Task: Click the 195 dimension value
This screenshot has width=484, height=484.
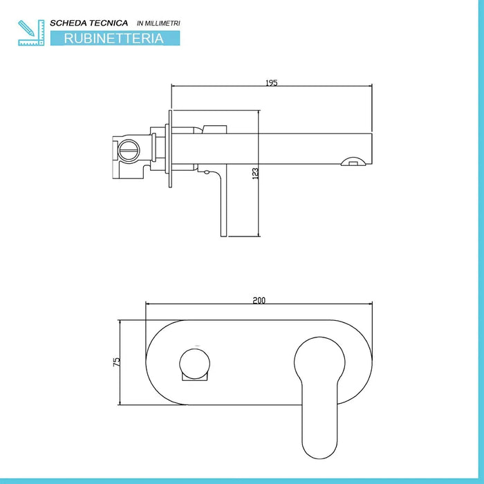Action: click(x=272, y=83)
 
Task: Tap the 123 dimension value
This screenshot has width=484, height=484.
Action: click(x=255, y=174)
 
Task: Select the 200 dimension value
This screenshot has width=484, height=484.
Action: click(x=259, y=300)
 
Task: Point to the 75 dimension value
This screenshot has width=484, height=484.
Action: click(x=117, y=362)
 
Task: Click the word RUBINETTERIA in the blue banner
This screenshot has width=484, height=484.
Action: click(x=114, y=38)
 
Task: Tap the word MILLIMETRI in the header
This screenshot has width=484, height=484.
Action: click(x=162, y=23)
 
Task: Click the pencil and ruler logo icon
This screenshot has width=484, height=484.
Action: click(x=31, y=32)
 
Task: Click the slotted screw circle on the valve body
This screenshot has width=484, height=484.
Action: click(x=129, y=151)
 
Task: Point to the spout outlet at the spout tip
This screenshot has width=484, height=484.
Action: click(x=353, y=161)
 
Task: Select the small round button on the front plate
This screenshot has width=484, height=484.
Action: click(x=195, y=364)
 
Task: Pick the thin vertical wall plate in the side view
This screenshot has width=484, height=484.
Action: click(x=170, y=149)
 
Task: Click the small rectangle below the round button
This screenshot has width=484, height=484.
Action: click(x=194, y=377)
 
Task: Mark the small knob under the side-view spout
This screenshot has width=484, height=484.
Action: click(x=207, y=172)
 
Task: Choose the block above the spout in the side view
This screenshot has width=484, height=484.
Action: click(x=214, y=129)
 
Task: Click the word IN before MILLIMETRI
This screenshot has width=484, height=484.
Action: click(x=140, y=23)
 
